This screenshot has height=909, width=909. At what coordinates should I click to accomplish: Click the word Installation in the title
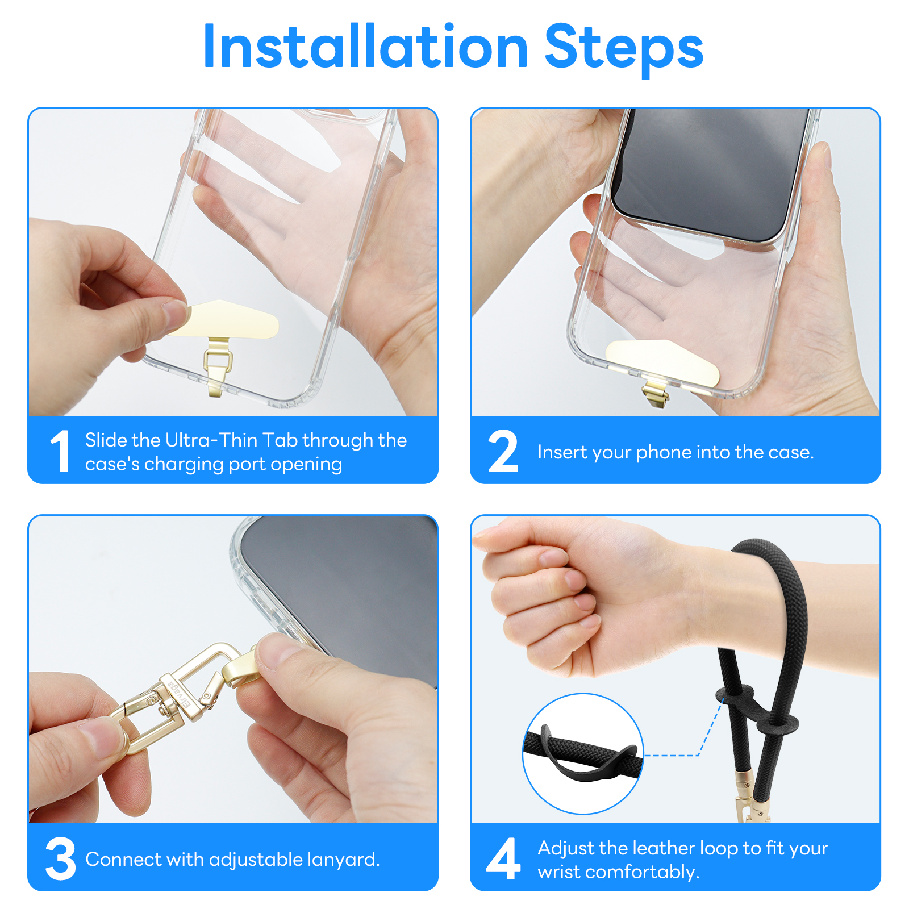pos(366,48)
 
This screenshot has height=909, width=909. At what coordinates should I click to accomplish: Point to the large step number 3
pos(60,858)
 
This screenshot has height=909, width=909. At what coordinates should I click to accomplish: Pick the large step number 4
pos(503,858)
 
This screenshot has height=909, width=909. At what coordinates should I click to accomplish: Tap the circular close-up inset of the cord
pos(583,754)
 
